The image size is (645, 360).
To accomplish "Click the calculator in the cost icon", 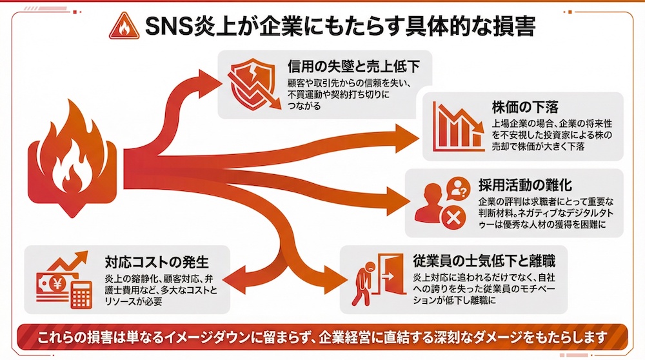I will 81,294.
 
